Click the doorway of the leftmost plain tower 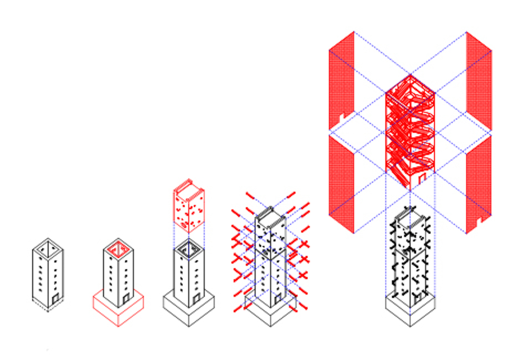(x=55, y=298)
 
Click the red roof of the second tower (x=118, y=249)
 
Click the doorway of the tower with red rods (x=278, y=298)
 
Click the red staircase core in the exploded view (x=410, y=132)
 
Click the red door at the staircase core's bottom (x=422, y=178)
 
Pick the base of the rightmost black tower (x=410, y=312)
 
